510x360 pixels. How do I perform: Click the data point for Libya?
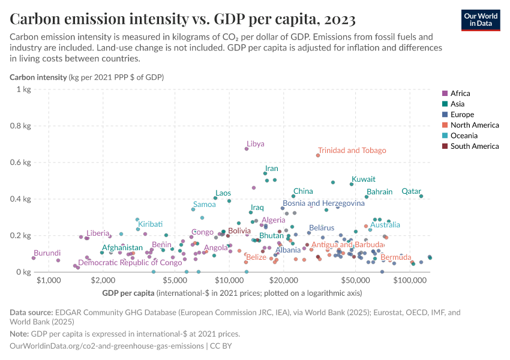pos(246,149)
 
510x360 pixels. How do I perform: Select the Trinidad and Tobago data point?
pos(318,155)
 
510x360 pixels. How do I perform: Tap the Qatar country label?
pos(411,191)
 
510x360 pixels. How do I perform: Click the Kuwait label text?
pos(364,179)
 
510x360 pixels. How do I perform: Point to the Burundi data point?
pos(34,258)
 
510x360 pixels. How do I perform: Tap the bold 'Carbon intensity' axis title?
pos(38,77)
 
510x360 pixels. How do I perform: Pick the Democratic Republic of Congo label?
pos(130,263)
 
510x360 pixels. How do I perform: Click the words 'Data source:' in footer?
pos(31,313)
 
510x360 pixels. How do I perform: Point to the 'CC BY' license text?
pos(220,346)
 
